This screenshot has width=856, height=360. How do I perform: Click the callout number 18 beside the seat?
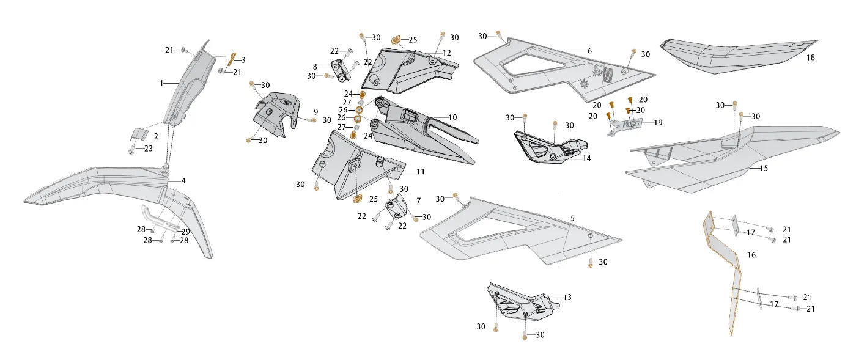[811, 57]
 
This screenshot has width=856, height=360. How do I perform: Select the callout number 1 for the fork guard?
[161, 83]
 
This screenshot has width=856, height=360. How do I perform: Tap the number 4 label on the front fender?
[183, 181]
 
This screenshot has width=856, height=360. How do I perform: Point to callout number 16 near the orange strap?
[751, 255]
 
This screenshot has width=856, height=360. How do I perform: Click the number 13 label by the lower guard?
[567, 297]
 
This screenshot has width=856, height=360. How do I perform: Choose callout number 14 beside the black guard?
[586, 158]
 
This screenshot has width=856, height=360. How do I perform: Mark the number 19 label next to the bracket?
[658, 123]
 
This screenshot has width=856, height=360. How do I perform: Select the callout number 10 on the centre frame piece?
[452, 117]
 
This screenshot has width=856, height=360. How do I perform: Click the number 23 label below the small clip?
[148, 149]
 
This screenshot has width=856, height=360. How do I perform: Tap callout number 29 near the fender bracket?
[185, 232]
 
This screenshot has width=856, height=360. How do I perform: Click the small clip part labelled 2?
[140, 134]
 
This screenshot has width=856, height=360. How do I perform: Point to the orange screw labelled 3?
[232, 60]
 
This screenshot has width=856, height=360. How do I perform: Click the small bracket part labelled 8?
[341, 71]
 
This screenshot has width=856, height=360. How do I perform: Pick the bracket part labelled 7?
[396, 207]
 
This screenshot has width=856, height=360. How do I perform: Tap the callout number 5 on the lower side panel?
[572, 219]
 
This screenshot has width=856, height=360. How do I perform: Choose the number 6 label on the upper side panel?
[589, 51]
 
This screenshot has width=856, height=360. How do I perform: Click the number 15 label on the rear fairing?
[763, 168]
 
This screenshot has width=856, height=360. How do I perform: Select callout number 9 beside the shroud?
[315, 112]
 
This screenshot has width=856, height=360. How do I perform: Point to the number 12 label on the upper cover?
[446, 53]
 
